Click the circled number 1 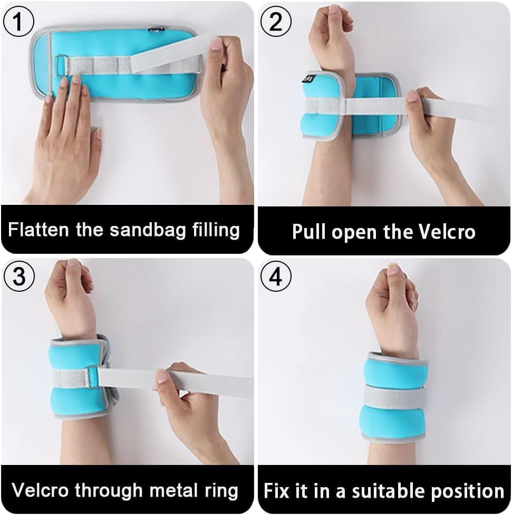pyautogui.click(x=18, y=22)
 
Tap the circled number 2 pyautogui.click(x=276, y=22)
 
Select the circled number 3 pyautogui.click(x=19, y=276)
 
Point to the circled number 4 pyautogui.click(x=276, y=276)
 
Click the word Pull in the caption pyautogui.click(x=309, y=232)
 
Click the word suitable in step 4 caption pyautogui.click(x=389, y=491)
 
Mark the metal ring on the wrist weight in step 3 pyautogui.click(x=92, y=376)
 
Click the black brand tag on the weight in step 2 pyautogui.click(x=308, y=79)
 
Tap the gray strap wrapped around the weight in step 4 pyautogui.click(x=394, y=397)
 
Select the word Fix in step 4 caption pyautogui.click(x=277, y=491)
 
